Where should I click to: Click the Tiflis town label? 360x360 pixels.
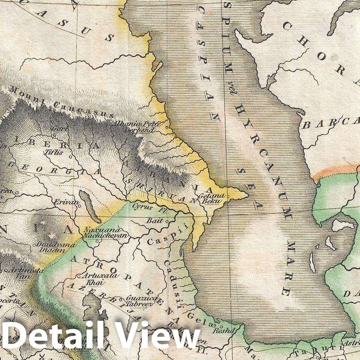pos(53,153)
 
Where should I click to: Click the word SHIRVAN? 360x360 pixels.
pos(162,191)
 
